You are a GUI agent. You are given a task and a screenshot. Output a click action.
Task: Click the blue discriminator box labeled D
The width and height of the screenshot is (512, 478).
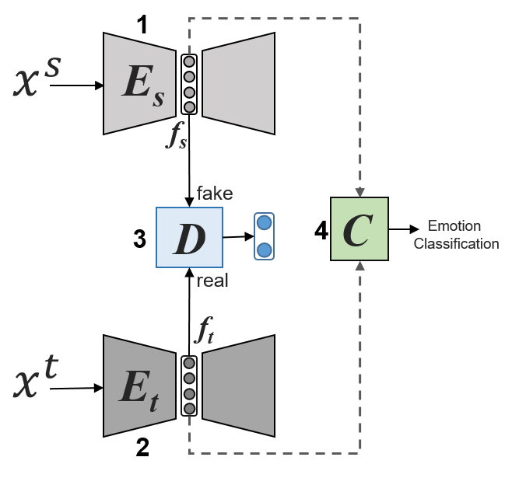(x=190, y=238)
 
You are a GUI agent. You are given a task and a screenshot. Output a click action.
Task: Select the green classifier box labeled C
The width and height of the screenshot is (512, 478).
(x=359, y=229)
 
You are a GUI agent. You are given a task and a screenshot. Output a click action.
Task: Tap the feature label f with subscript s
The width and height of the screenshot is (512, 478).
(x=177, y=137)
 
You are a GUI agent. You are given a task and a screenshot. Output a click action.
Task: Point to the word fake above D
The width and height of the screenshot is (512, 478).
(x=214, y=193)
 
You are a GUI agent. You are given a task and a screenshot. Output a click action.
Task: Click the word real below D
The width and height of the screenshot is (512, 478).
(x=212, y=281)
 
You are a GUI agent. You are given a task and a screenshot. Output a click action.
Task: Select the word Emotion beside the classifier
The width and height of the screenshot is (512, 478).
(x=454, y=227)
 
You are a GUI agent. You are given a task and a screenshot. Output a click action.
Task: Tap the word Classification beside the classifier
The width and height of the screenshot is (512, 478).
(x=456, y=243)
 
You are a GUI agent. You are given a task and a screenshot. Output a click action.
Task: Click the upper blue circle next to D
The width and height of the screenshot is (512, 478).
(x=265, y=223)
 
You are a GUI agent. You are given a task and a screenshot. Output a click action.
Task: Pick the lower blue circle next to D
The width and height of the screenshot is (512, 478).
(x=265, y=249)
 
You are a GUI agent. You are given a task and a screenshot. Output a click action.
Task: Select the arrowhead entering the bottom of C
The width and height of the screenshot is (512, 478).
(x=359, y=266)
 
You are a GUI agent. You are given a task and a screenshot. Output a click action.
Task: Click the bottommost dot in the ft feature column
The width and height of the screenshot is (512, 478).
(x=189, y=408)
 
